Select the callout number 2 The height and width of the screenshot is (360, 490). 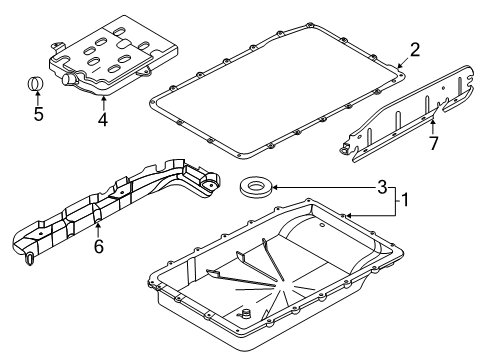pos(413,47)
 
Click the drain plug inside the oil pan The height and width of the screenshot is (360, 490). pos(241,319)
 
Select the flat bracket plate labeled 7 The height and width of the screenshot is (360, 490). pos(410,105)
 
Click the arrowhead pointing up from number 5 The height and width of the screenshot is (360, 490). pos(38,95)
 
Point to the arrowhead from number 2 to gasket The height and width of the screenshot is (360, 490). pos(399,66)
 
